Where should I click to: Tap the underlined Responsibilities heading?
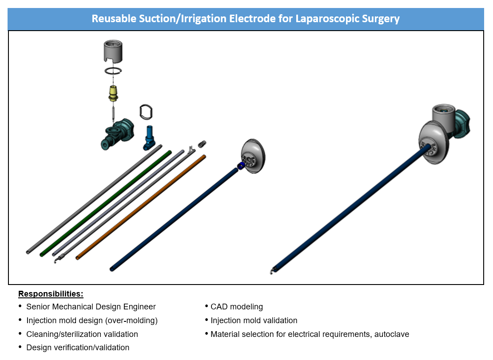coord(51,294)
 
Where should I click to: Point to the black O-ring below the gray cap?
coord(113,71)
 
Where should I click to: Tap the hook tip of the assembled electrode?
coord(271,271)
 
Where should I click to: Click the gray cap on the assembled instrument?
coord(442,116)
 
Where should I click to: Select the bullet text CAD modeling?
coord(237,307)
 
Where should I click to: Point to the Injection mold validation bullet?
coord(254,320)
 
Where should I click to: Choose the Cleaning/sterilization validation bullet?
coord(82,334)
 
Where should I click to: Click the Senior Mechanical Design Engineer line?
coord(91,307)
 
